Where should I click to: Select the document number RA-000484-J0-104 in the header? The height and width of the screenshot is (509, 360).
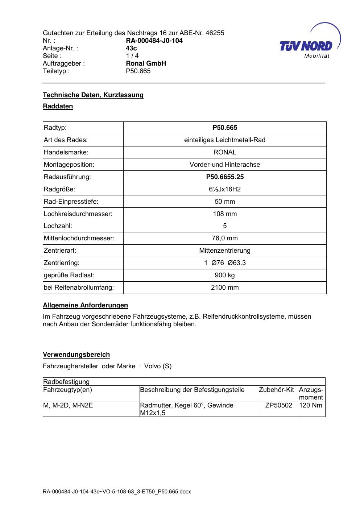point(154,41)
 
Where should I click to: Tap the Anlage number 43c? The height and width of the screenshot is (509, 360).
point(131,48)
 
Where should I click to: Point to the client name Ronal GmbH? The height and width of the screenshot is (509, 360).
point(146,63)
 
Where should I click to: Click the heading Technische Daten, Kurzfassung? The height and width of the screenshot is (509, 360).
point(93,95)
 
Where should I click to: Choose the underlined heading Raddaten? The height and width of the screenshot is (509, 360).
point(58,106)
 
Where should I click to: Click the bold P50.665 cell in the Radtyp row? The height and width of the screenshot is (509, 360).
point(225,128)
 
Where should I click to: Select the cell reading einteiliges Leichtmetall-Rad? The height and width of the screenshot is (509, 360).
point(225,140)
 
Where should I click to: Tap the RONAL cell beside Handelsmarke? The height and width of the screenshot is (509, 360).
point(225,152)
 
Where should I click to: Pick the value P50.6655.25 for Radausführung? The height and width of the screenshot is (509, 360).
point(225,177)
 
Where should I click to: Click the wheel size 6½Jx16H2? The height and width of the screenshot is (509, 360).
point(225,189)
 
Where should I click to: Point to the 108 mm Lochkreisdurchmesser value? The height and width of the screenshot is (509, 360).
point(225,214)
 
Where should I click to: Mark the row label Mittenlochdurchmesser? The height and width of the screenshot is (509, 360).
point(79,238)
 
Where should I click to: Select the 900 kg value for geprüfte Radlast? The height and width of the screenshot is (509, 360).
point(225,275)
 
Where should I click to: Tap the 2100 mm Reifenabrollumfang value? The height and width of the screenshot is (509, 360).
point(225,287)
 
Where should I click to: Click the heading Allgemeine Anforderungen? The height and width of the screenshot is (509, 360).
point(85,305)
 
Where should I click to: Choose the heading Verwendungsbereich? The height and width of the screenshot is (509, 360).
point(76,355)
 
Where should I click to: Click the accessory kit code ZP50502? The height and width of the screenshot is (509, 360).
point(278,405)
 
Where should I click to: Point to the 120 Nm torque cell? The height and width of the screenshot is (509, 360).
point(311,405)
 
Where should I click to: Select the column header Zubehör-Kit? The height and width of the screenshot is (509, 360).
point(276,390)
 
